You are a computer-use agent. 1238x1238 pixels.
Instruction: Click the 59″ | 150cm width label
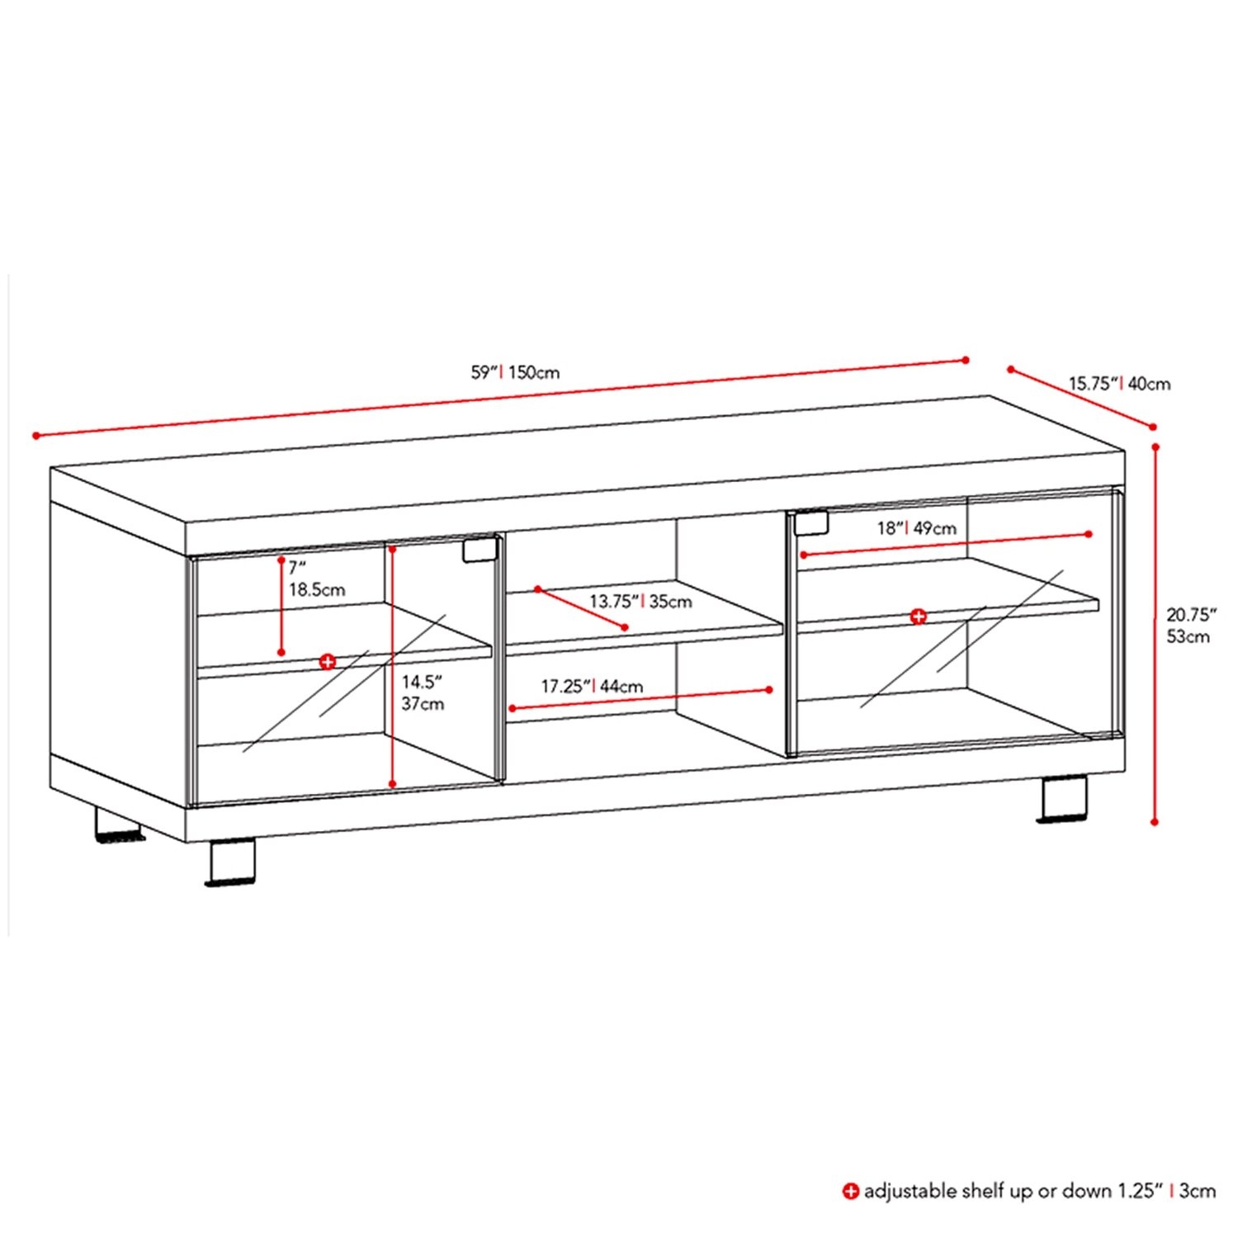coord(515,372)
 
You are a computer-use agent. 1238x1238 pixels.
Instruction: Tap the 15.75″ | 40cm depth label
coord(1120,384)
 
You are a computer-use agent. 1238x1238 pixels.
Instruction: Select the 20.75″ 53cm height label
coord(1192,626)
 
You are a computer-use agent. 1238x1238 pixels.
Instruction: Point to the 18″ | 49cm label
coord(917,528)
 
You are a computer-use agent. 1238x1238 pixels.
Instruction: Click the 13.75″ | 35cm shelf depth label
coord(640,602)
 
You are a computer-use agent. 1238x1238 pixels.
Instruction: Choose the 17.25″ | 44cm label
coord(592,687)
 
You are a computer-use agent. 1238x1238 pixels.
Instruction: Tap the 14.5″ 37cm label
coord(423,693)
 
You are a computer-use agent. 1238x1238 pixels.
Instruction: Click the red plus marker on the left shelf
coord(328,662)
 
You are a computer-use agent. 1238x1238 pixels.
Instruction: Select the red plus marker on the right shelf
coord(918,617)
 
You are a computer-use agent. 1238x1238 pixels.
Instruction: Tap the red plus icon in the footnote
coord(850,1191)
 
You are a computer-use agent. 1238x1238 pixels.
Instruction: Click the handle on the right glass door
coord(810,522)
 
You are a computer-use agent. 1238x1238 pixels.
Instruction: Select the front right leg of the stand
coord(1063,799)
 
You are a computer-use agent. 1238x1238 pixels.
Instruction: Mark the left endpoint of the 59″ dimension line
coord(35,435)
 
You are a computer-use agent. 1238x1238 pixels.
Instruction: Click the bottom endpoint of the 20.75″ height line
coord(1155,821)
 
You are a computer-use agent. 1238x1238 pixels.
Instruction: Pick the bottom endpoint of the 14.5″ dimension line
coord(393,784)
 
